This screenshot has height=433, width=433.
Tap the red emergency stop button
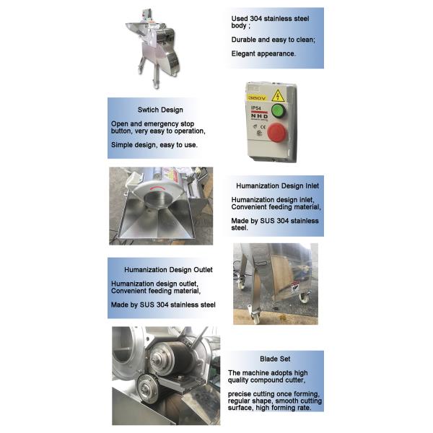(276, 132)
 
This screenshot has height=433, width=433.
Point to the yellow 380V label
(257, 96)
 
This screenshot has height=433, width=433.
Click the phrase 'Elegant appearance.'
(263, 54)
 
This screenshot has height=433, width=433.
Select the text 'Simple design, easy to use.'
(154, 145)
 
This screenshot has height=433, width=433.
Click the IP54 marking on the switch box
(253, 107)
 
